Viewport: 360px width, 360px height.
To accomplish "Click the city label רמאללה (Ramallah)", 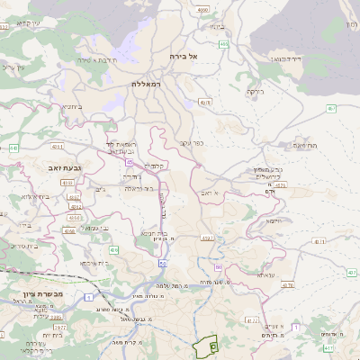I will click(145, 83).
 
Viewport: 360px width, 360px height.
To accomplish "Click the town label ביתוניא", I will click(73, 106).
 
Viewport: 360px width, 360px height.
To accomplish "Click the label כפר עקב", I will click(188, 142).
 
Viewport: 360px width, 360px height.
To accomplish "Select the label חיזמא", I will click(274, 220).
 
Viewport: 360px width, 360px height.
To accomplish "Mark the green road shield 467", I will click(330, 108).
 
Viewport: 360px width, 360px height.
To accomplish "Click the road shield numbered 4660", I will click(202, 9).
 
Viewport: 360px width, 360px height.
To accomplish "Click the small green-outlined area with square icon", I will click(212, 345).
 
